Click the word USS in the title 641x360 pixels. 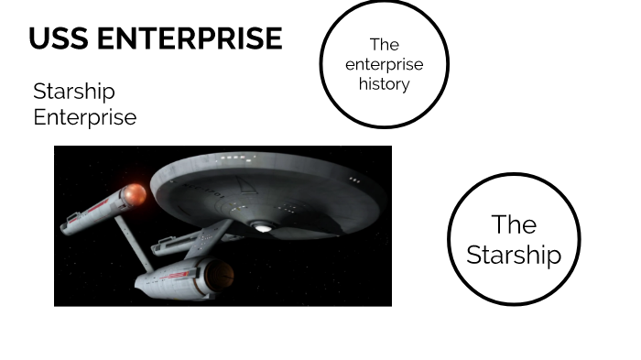57,38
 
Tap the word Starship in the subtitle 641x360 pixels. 74,92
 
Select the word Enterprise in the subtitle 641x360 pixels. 84,117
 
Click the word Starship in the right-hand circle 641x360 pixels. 513,255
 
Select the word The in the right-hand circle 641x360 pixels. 513,224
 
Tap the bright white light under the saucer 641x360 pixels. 264,226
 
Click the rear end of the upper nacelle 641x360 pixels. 69,222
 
